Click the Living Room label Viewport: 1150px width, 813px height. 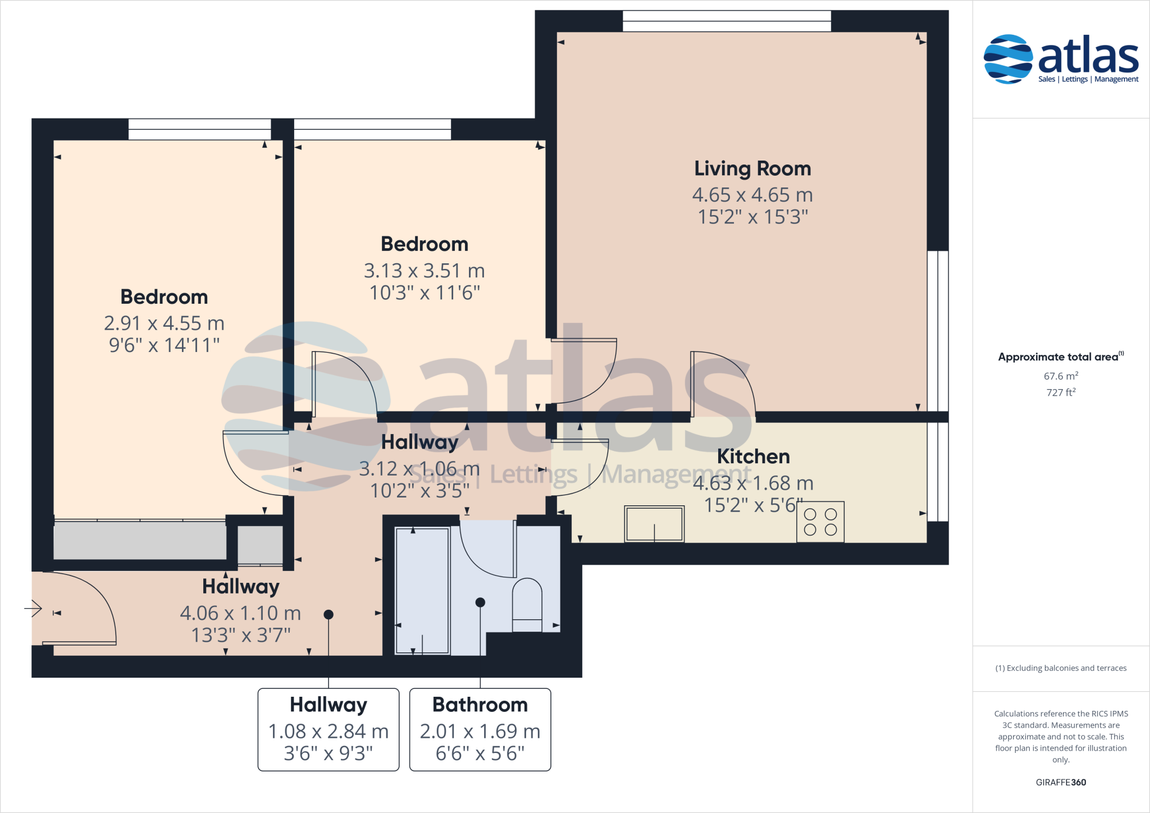(752, 168)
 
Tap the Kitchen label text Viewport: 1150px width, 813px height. (753, 456)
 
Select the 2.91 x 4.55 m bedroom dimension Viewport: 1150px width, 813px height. (164, 323)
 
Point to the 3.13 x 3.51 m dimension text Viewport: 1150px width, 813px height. (424, 271)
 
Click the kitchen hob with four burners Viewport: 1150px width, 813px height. (820, 522)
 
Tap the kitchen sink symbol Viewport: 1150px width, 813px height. (654, 524)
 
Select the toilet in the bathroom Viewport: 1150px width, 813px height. (527, 605)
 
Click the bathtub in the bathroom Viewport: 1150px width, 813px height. (422, 591)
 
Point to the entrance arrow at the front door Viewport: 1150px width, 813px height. (33, 608)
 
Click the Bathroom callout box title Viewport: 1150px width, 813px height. (480, 705)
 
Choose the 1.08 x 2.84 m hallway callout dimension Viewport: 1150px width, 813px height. (328, 731)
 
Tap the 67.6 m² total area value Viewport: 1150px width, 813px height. (1061, 376)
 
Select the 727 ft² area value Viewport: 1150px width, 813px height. (1061, 392)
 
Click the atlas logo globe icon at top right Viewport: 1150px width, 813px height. (1008, 59)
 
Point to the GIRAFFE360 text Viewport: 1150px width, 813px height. (1061, 782)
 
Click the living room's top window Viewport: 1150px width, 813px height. (727, 21)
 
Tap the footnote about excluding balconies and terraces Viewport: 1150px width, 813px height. (1061, 668)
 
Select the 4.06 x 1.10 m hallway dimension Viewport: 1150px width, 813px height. (240, 613)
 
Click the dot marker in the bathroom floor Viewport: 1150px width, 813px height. (480, 602)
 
